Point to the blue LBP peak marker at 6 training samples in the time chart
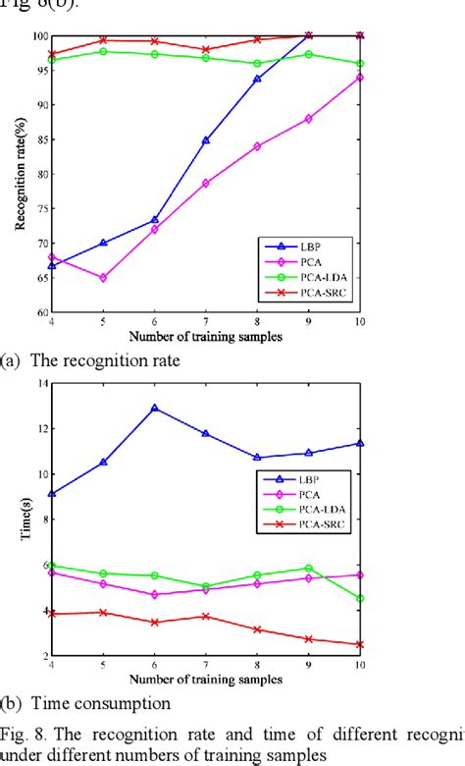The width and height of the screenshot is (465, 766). coord(154,408)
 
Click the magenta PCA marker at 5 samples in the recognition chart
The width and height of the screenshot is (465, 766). coord(103,278)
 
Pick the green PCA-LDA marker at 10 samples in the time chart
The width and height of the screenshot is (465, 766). coord(359,598)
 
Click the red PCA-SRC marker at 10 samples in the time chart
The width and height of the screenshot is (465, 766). coord(359,645)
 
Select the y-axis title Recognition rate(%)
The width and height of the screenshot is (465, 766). coord(20,174)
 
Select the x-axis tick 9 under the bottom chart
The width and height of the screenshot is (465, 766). coord(308,665)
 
